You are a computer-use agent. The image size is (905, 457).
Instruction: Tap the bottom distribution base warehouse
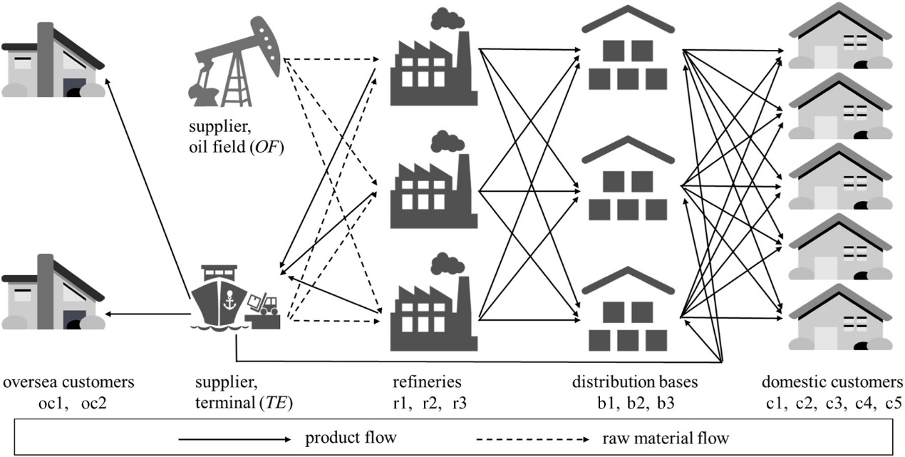pyautogui.click(x=627, y=307)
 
